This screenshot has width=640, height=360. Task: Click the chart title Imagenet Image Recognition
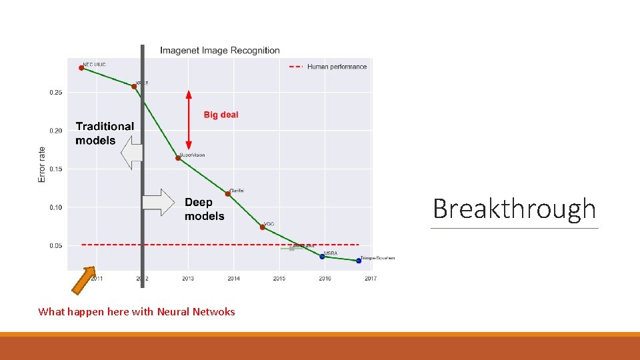tap(220, 51)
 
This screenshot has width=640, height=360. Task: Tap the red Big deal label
tap(221, 115)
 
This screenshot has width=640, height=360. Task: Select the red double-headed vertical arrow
tap(189, 119)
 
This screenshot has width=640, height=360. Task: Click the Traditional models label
tap(105, 133)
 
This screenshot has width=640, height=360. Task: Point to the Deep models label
tap(204, 209)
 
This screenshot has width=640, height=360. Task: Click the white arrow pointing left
tap(132, 153)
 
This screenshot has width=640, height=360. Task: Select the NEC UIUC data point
tap(81, 67)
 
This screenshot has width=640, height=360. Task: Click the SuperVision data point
tap(178, 158)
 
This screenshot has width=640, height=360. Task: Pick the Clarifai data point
tap(228, 194)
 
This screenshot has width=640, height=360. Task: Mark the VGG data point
tap(262, 227)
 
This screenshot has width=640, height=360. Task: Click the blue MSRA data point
tap(322, 257)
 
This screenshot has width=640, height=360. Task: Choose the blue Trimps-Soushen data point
tap(359, 261)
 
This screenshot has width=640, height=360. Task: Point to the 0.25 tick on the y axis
tap(56, 93)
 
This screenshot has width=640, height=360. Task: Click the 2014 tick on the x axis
tap(233, 278)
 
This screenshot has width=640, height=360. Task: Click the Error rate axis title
tap(42, 165)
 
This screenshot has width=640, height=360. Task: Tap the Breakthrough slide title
tap(514, 209)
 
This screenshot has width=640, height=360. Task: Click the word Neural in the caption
tap(172, 311)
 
